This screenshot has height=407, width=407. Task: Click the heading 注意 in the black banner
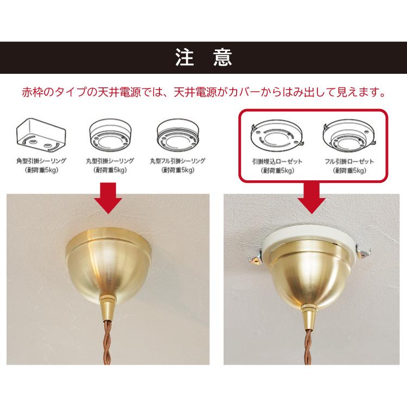coord(203,58)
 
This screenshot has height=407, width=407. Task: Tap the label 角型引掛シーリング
coord(41,161)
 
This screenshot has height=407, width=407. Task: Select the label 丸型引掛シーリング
coord(111,161)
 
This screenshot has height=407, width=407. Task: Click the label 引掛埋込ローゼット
coord(277,162)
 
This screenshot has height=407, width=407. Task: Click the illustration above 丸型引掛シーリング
coord(111,135)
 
